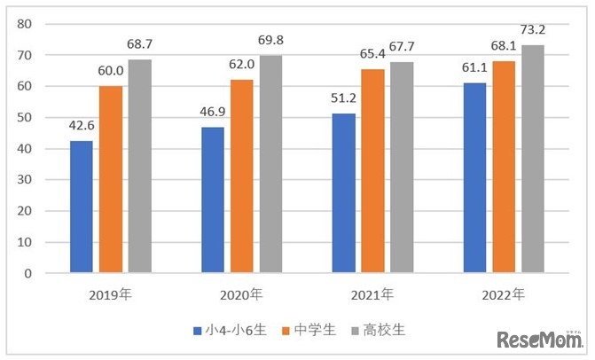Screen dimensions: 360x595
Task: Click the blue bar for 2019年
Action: click(x=82, y=206)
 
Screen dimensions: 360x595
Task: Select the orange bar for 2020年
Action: click(x=242, y=176)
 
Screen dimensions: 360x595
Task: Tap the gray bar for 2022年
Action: click(x=532, y=159)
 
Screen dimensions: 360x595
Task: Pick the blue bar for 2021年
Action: click(x=344, y=192)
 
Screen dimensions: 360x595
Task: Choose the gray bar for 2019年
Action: click(x=139, y=166)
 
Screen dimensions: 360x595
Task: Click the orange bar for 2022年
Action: click(x=504, y=167)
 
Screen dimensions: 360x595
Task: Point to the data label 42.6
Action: click(x=82, y=126)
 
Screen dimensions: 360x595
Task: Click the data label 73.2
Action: click(x=533, y=30)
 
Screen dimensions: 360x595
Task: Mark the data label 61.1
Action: click(x=475, y=68)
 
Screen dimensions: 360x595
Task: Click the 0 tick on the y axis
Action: click(x=27, y=273)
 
